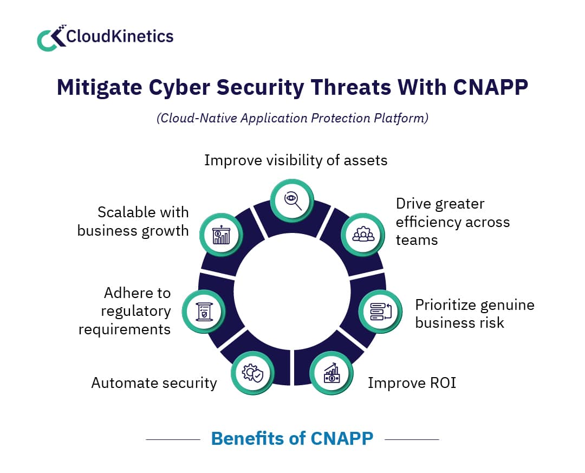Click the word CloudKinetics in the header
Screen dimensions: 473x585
pyautogui.click(x=120, y=36)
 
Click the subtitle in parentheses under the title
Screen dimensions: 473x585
pyautogui.click(x=292, y=118)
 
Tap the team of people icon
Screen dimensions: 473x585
pyautogui.click(x=362, y=234)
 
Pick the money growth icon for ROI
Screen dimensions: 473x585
pyautogui.click(x=331, y=373)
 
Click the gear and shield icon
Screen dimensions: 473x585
pyautogui.click(x=253, y=373)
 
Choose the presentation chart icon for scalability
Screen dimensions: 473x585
pyautogui.click(x=221, y=234)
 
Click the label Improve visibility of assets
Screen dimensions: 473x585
pyautogui.click(x=296, y=160)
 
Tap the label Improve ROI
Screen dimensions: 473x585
pyautogui.click(x=412, y=383)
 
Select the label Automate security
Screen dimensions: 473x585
pyautogui.click(x=154, y=383)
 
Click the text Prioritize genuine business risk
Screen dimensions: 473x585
pyautogui.click(x=474, y=314)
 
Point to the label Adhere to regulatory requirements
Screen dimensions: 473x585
pyautogui.click(x=126, y=311)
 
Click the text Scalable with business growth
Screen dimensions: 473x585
pyautogui.click(x=133, y=221)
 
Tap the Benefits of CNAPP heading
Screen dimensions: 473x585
pyautogui.click(x=292, y=438)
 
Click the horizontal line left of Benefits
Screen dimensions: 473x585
pyautogui.click(x=173, y=439)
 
